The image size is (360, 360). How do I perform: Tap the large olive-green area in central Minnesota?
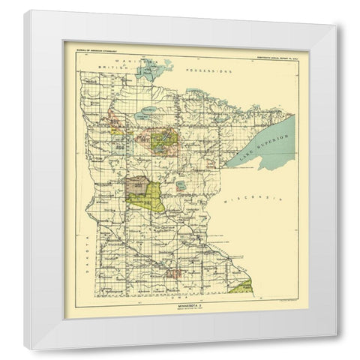[x=148, y=196]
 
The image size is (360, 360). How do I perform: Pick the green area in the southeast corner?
[x=243, y=286]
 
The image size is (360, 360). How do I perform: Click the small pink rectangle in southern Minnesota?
[x=175, y=274]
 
